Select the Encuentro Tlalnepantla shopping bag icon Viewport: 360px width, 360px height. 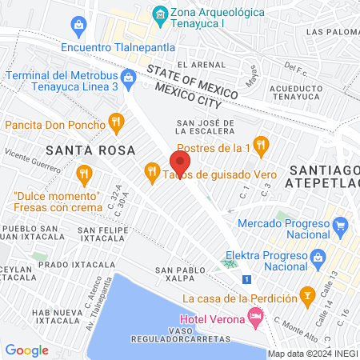[79, 28]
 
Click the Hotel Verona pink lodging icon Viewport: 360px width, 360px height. [256, 318]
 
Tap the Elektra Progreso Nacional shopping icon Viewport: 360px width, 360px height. [318, 258]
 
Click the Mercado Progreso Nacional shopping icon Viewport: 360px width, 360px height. [339, 224]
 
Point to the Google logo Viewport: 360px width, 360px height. [27, 350]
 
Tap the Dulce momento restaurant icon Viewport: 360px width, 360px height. [83, 173]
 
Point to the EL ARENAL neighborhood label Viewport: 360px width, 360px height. [197, 64]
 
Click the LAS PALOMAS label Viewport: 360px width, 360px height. [332, 32]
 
